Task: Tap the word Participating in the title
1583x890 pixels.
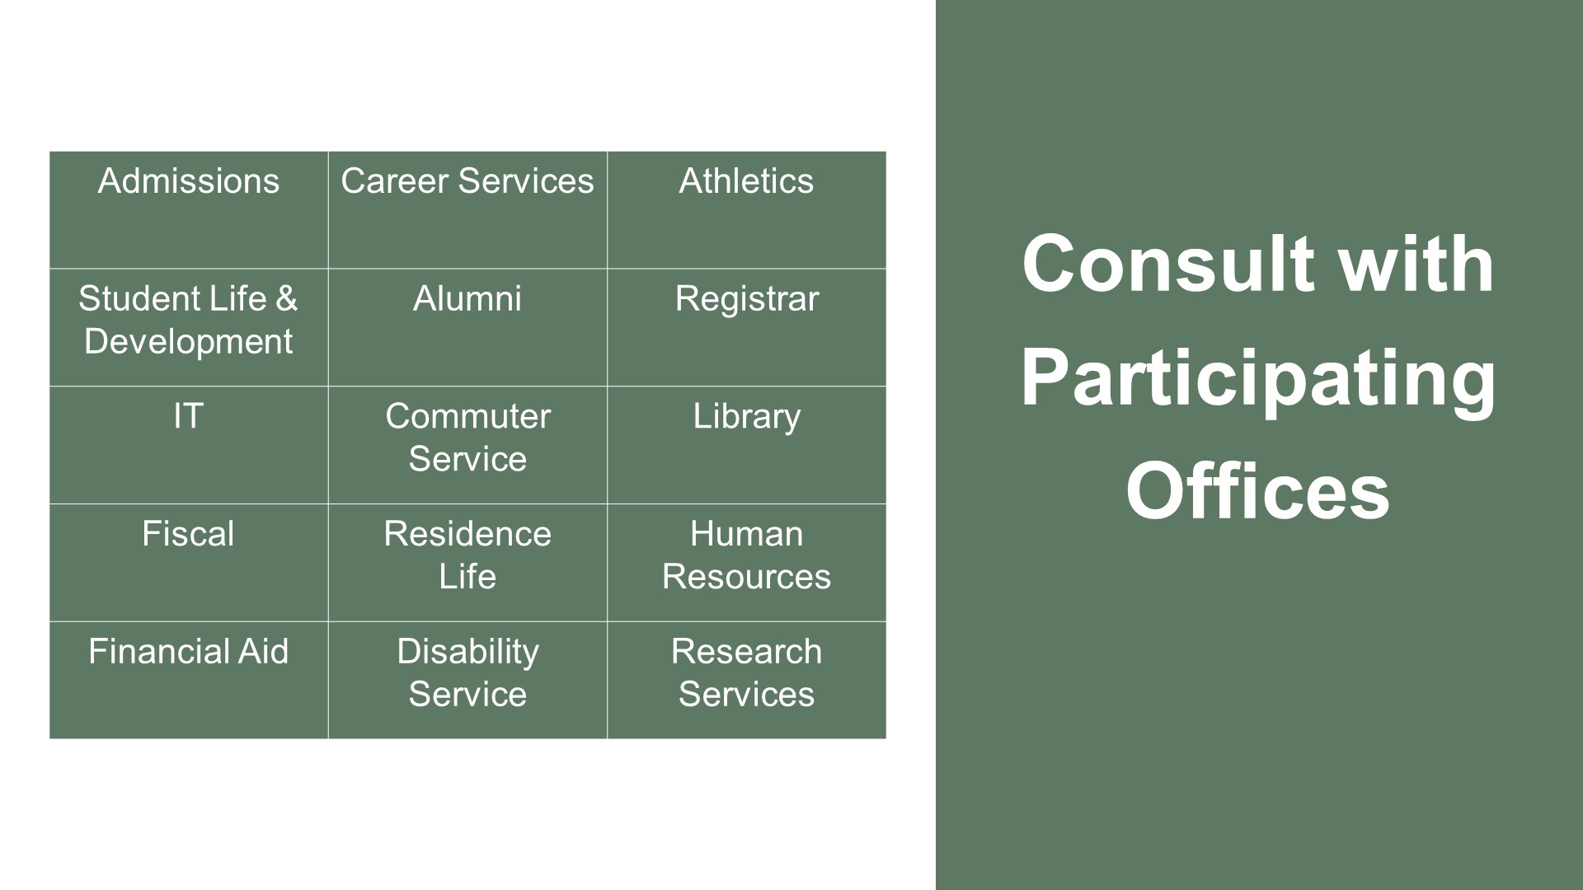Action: click(1258, 378)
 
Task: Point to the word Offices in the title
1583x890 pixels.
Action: click(1258, 492)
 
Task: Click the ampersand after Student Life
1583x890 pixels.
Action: click(286, 299)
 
